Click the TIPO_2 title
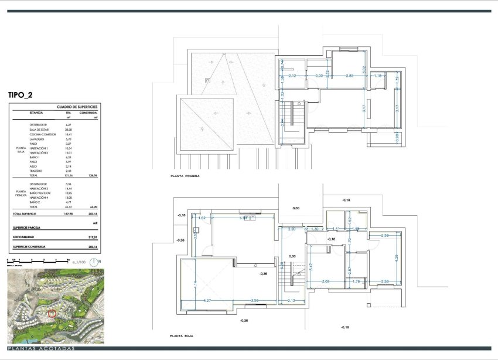24,94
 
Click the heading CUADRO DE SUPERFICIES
76,107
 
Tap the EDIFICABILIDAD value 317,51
91,237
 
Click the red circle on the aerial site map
52,313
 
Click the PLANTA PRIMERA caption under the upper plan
185,175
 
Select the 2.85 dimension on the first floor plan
349,76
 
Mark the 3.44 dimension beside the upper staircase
282,122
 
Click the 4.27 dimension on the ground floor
207,300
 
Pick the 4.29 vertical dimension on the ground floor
396,257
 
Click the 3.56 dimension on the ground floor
254,300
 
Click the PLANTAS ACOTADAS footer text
42,349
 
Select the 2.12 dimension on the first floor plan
293,76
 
